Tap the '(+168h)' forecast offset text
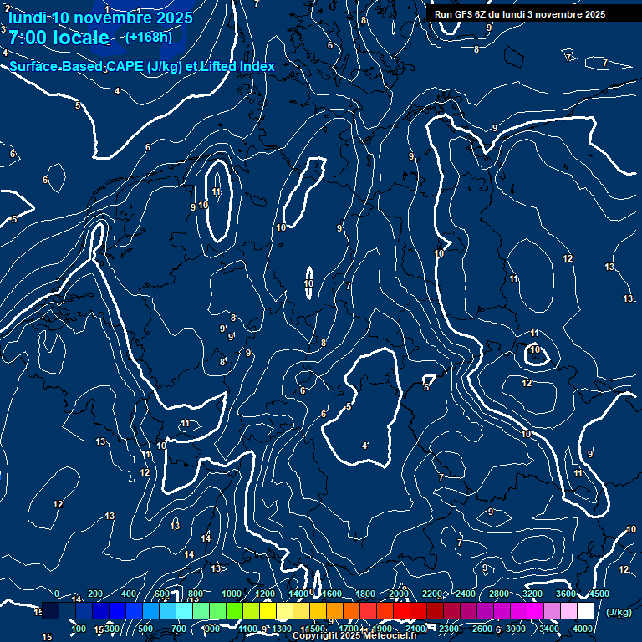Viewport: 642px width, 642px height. pyautogui.click(x=149, y=37)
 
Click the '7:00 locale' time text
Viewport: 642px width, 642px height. pyautogui.click(x=59, y=38)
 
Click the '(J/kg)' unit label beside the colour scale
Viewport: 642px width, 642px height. pyautogui.click(x=619, y=613)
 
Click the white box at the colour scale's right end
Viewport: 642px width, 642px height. pyautogui.click(x=585, y=611)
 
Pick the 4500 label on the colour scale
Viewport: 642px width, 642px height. pyautogui.click(x=599, y=594)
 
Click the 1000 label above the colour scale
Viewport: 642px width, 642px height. pyautogui.click(x=232, y=594)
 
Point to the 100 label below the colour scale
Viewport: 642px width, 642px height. pyautogui.click(x=79, y=629)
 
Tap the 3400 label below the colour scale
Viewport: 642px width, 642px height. pyautogui.click(x=549, y=629)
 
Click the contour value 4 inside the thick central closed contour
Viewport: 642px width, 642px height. pyautogui.click(x=364, y=446)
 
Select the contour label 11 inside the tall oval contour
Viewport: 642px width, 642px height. pyautogui.click(x=217, y=192)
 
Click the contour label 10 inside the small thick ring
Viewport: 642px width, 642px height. pyautogui.click(x=535, y=350)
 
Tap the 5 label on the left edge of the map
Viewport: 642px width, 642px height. pyautogui.click(x=14, y=219)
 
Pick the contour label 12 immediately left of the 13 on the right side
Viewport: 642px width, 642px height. pyautogui.click(x=568, y=259)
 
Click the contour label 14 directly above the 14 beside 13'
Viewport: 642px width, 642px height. pyautogui.click(x=206, y=538)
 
